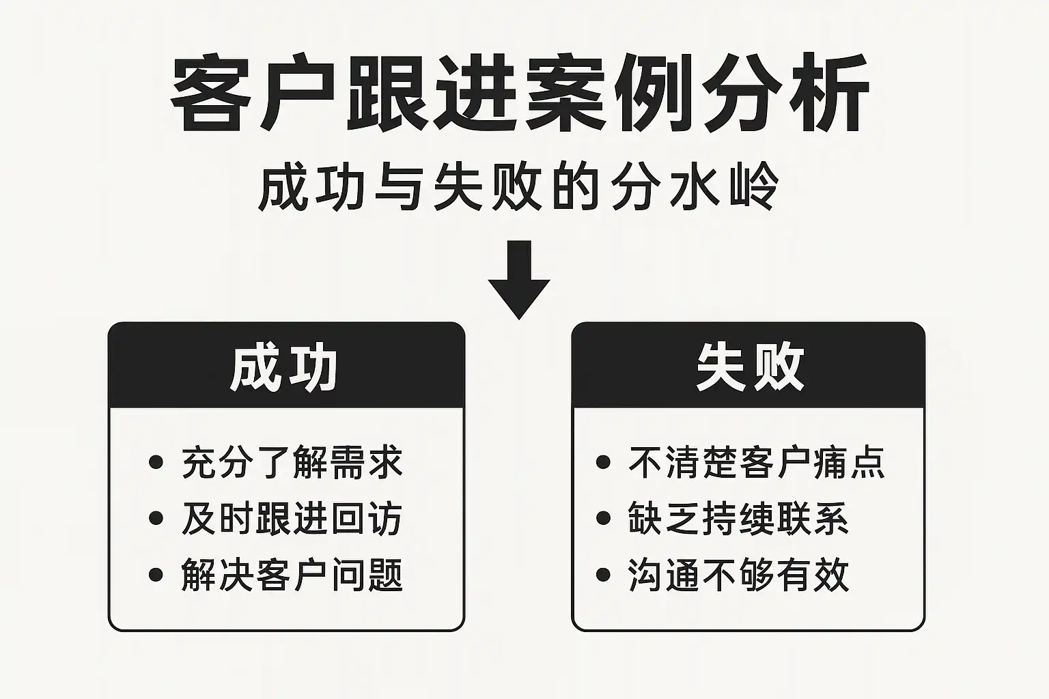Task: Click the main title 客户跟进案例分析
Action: click(x=519, y=96)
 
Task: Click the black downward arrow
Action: click(x=520, y=279)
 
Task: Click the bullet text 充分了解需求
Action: click(x=292, y=463)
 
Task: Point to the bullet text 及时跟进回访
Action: click(x=292, y=519)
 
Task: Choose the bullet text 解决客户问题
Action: click(x=292, y=575)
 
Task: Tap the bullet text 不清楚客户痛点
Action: click(x=757, y=463)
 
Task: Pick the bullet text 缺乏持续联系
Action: click(x=739, y=519)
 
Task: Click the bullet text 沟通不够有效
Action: click(x=739, y=575)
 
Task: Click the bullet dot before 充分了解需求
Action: click(x=156, y=462)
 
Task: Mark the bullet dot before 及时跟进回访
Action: click(x=156, y=518)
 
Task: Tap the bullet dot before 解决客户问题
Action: click(x=156, y=574)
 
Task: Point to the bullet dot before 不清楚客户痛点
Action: click(x=603, y=462)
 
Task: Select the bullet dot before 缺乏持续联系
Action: click(x=603, y=518)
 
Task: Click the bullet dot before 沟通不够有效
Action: click(x=603, y=574)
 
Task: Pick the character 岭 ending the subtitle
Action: click(x=755, y=186)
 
